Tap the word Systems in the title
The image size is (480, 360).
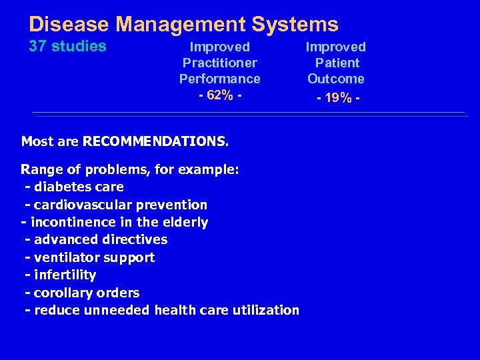296,25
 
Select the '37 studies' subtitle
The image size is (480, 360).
67,47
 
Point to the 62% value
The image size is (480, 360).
219,95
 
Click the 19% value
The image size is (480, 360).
335,97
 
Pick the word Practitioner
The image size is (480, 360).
219,63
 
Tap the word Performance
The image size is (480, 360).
219,79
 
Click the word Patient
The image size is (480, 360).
336,63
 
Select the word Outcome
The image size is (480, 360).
336,79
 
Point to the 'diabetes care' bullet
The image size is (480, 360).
78,187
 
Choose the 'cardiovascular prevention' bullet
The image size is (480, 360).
120,205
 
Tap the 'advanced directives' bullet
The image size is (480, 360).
100,239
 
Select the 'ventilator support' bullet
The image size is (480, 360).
94,257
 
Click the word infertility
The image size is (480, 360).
65,275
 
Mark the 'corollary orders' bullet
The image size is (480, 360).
86,293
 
